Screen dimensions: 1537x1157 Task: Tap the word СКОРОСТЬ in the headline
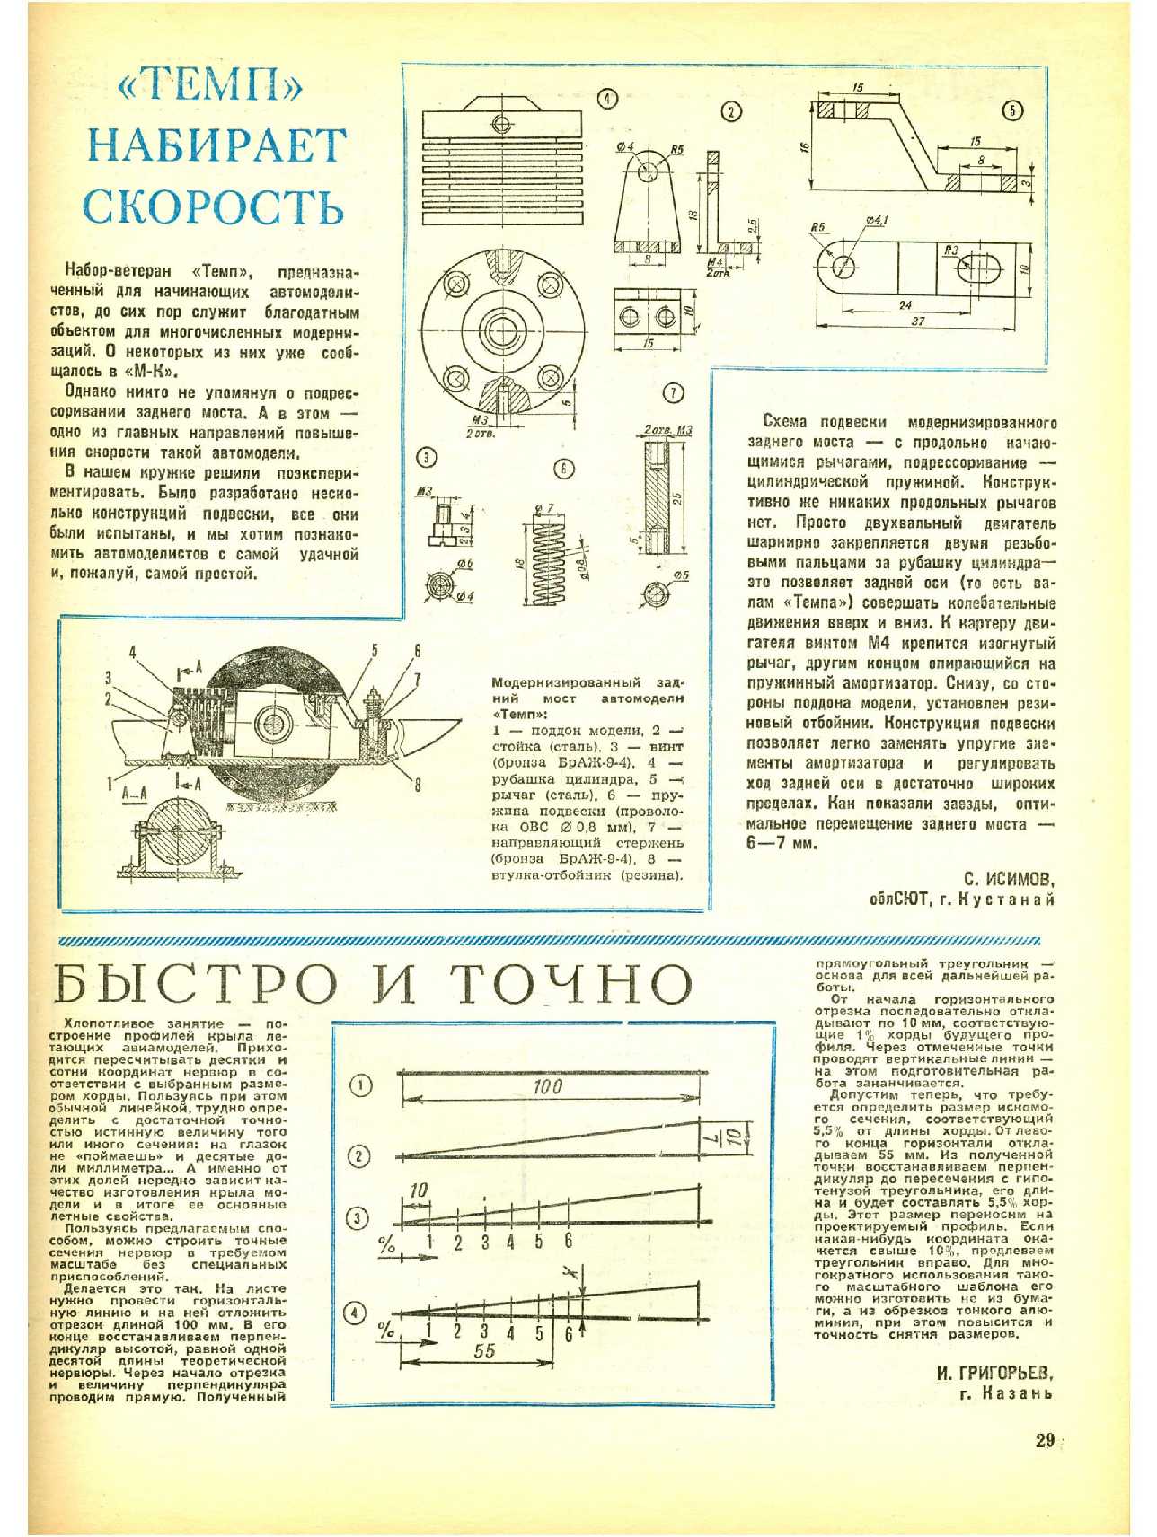pos(214,206)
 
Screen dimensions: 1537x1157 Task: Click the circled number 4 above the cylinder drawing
pos(607,99)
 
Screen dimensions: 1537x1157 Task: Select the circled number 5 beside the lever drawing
pos(1012,110)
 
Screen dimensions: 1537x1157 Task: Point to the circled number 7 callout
pos(672,392)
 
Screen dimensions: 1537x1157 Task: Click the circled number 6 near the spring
pos(563,468)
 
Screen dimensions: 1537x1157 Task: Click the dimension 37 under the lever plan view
pos(918,321)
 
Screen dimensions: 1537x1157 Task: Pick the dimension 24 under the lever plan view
pos(905,305)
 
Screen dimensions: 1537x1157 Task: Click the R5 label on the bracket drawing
pos(676,149)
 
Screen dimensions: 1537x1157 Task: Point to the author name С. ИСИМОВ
pos(1009,878)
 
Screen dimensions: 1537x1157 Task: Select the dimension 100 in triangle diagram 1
pos(547,1086)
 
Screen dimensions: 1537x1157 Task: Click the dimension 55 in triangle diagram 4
pos(483,1351)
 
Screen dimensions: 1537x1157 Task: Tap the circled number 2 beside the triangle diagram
pos(359,1155)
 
